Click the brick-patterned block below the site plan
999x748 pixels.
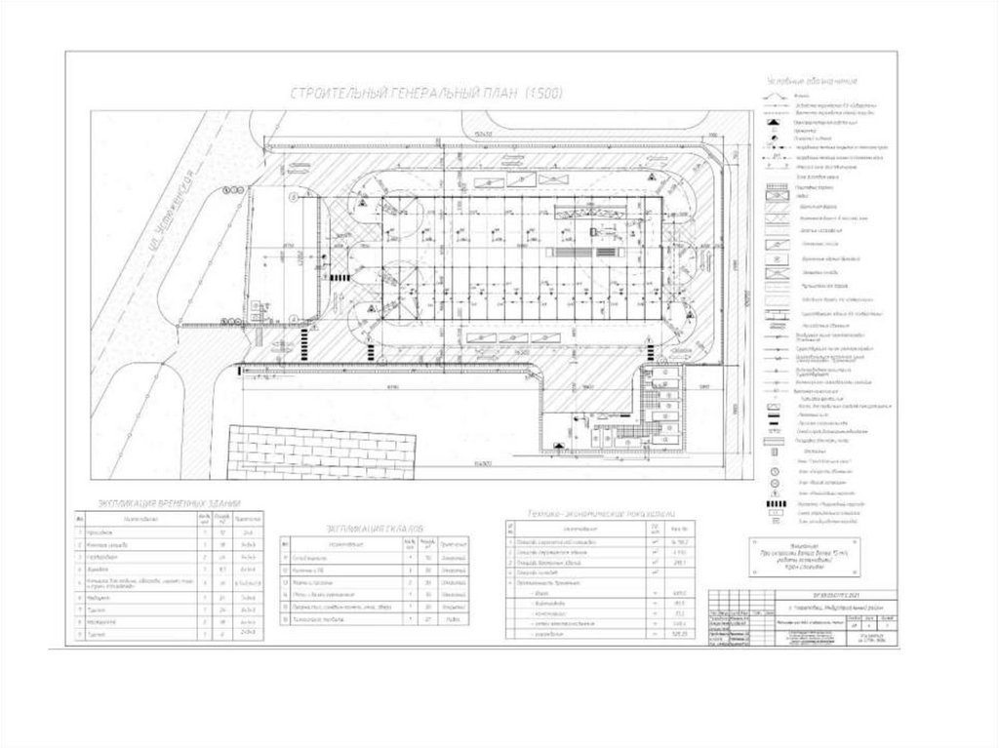point(323,453)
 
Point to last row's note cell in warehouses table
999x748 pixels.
point(451,618)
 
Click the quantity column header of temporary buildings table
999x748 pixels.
point(203,519)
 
